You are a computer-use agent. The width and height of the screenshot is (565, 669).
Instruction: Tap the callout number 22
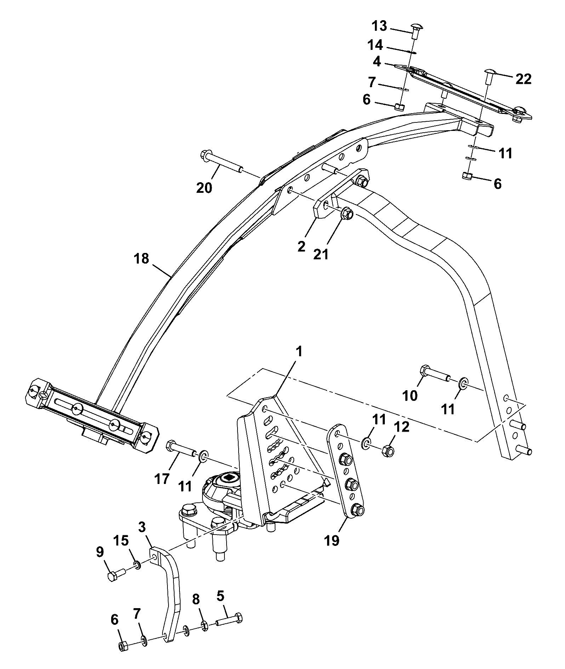point(523,79)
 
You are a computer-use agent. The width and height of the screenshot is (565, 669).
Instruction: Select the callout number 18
point(141,259)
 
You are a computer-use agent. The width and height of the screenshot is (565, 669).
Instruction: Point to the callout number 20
point(204,187)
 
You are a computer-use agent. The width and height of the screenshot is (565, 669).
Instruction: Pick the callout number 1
point(299,351)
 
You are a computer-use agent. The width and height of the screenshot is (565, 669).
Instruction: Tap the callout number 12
point(401,427)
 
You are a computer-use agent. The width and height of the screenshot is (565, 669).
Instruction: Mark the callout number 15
point(121,541)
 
